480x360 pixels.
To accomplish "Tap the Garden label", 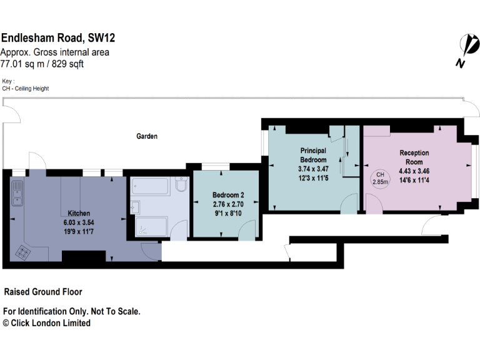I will coord(147,136).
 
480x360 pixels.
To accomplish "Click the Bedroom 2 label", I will coord(227,194).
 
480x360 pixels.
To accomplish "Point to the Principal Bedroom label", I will coord(313,155).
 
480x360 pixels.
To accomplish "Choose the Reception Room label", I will coord(414,157).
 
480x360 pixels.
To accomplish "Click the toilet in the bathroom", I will coord(181,186).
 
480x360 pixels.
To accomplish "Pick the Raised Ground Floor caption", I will coord(43,292).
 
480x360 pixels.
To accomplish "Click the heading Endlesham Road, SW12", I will coord(57,38).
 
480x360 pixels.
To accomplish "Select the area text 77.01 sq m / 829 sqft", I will coord(42,64).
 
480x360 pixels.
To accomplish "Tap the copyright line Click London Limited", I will coord(47,323).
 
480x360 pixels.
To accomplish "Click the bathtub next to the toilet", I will coord(151,187).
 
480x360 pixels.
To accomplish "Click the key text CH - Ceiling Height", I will coord(26,89).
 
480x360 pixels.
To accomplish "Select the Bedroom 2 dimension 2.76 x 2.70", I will coord(227,204).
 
